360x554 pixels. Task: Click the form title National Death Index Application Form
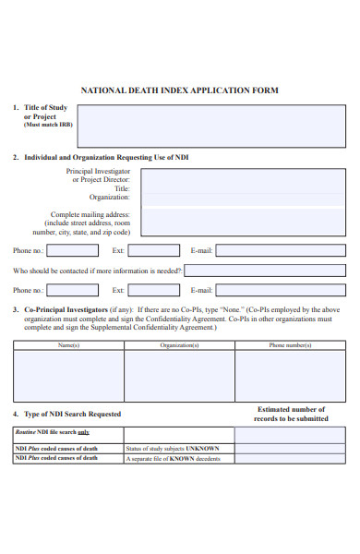pos(180,90)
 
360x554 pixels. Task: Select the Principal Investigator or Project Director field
pos(244,175)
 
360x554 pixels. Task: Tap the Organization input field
pos(244,197)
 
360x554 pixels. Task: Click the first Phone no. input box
pos(72,250)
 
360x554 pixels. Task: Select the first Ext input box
pos(153,250)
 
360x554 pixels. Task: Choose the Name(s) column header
pos(68,344)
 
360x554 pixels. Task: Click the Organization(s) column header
pos(179,344)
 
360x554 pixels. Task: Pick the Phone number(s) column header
pos(290,344)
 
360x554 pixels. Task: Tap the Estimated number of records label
pos(290,414)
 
